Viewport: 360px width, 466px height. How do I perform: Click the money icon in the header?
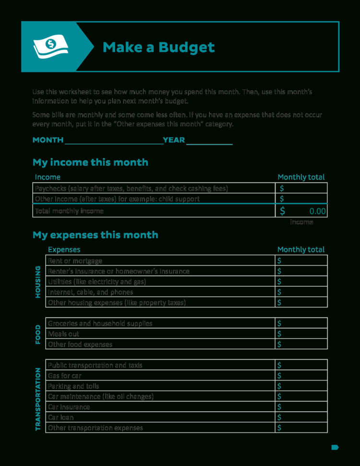[50, 47]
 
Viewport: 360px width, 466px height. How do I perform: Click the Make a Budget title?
[158, 47]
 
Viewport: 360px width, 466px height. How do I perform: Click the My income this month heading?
[90, 162]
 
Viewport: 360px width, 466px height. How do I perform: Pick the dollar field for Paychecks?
[302, 188]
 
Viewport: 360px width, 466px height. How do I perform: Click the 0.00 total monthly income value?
[317, 211]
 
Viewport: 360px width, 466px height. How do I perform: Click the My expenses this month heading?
[95, 235]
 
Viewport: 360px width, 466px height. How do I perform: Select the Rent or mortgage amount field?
[302, 261]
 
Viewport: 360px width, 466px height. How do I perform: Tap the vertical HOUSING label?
[38, 282]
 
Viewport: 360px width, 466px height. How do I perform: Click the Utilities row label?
[97, 282]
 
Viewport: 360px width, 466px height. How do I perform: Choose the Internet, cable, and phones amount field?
[302, 292]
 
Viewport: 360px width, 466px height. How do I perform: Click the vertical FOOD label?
[38, 334]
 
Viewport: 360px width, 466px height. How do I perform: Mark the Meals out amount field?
[302, 334]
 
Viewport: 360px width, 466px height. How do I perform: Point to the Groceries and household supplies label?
[100, 323]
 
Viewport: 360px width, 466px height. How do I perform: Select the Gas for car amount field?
[302, 376]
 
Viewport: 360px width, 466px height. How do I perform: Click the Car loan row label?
[60, 417]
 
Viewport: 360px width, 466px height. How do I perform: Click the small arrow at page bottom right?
[335, 447]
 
